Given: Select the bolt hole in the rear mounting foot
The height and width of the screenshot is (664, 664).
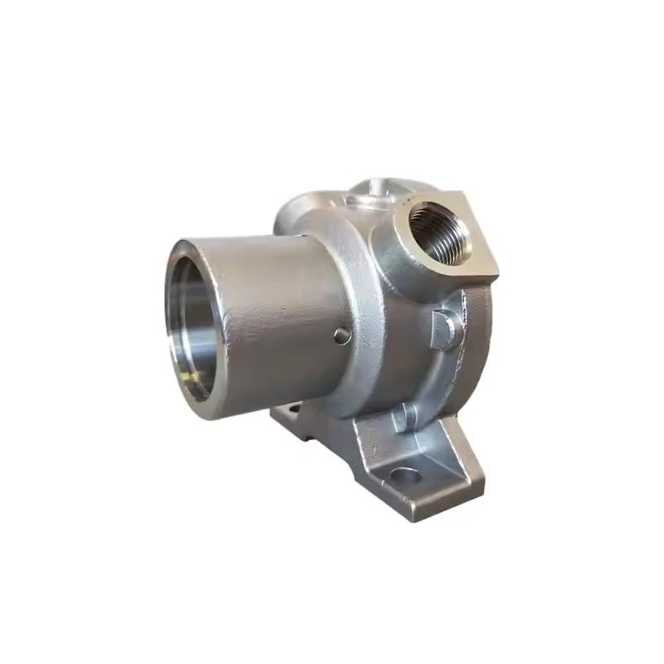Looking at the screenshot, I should click(290, 409).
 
